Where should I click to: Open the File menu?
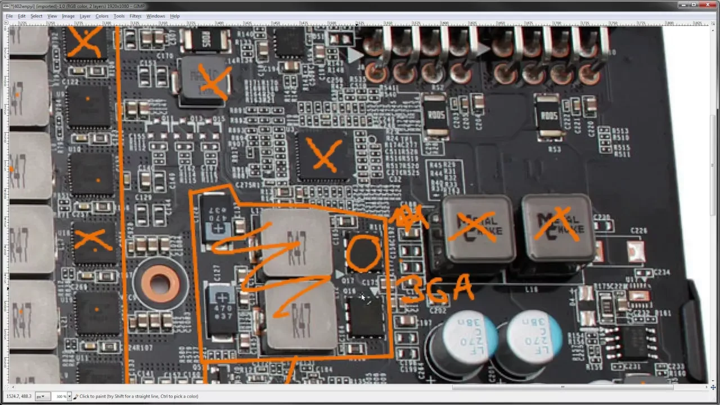click(x=10, y=16)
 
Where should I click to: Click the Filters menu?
click(x=135, y=16)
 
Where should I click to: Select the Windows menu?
click(x=156, y=16)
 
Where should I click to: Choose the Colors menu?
click(x=102, y=16)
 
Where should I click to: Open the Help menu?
click(x=175, y=16)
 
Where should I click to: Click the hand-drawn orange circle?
click(x=363, y=253)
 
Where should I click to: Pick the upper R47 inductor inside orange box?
click(x=295, y=242)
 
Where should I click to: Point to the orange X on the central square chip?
click(x=323, y=155)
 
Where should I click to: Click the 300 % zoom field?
click(x=61, y=397)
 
